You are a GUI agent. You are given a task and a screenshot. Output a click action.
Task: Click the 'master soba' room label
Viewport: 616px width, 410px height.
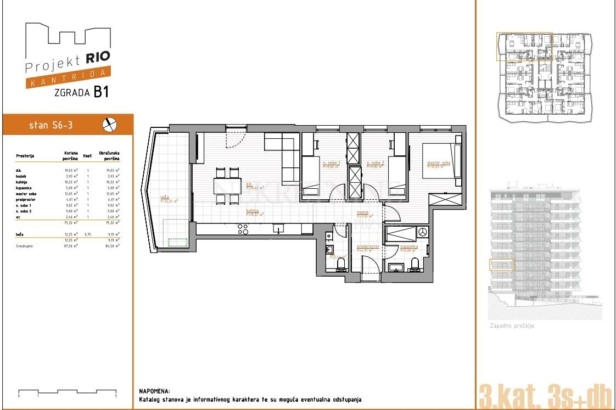click(x=439, y=162)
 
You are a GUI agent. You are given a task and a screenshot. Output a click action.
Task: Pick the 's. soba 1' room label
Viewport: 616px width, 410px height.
click(x=332, y=163)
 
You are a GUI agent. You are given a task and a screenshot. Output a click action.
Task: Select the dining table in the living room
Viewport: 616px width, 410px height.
click(x=227, y=186)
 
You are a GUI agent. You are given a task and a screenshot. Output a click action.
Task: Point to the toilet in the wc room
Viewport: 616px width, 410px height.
click(x=340, y=265)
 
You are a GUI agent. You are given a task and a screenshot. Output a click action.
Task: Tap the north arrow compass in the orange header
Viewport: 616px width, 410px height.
click(x=110, y=125)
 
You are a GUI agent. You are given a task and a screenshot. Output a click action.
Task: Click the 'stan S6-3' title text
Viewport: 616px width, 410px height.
click(x=51, y=126)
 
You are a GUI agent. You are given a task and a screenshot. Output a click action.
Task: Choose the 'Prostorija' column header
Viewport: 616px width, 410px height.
click(x=25, y=156)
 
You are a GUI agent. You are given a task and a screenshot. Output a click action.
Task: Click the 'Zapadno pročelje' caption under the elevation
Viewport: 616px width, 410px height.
click(x=512, y=326)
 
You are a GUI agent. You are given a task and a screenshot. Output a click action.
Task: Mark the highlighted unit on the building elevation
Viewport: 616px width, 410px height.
click(x=502, y=265)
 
